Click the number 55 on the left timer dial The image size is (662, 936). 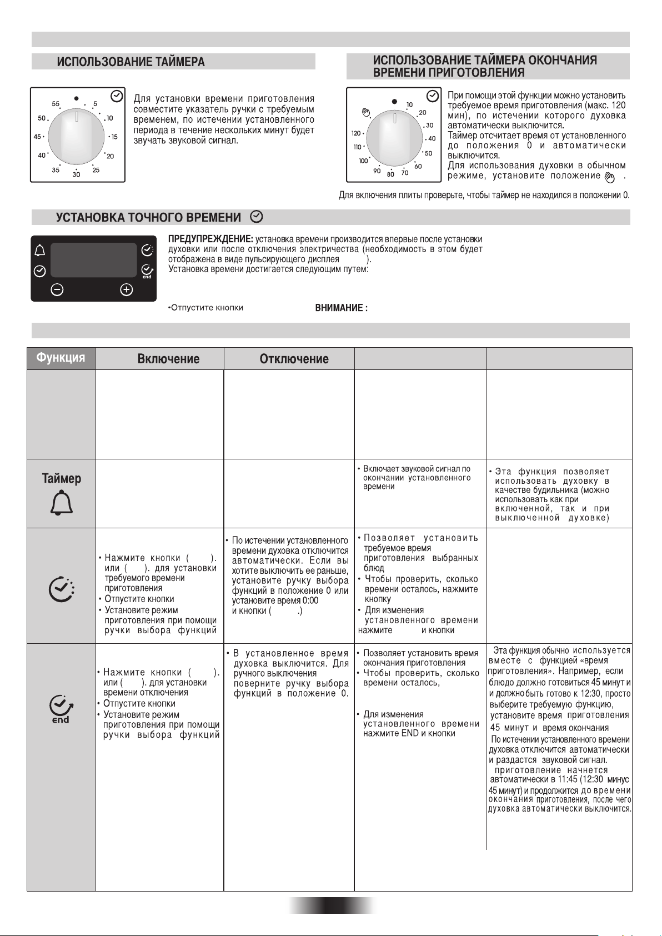(x=56, y=104)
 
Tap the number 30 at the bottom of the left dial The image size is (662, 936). (x=76, y=174)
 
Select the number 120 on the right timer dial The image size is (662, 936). (x=356, y=133)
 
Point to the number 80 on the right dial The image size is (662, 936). (x=390, y=174)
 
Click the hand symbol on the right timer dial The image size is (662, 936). (x=365, y=113)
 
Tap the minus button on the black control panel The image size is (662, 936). (x=58, y=289)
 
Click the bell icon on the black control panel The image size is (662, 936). (x=40, y=251)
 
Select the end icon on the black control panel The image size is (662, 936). (x=147, y=271)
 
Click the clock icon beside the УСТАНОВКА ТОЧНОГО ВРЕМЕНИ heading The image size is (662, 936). (x=257, y=217)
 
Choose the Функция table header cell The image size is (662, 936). (x=61, y=358)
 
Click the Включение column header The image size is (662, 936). (x=168, y=359)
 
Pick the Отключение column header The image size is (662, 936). (x=294, y=359)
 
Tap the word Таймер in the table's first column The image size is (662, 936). (x=62, y=478)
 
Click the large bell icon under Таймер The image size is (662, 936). (x=62, y=504)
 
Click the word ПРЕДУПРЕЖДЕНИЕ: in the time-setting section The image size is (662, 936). (x=210, y=239)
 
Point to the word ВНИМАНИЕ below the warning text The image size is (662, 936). (x=341, y=308)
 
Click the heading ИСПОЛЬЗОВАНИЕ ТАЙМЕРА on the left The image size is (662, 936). (x=131, y=62)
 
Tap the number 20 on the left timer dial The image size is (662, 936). (x=110, y=156)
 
